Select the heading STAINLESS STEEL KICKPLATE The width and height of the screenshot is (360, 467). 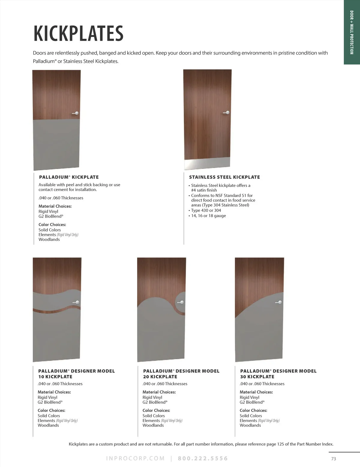click(224, 177)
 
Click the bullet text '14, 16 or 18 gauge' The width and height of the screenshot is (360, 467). click(208, 216)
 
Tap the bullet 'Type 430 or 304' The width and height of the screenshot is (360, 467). click(206, 210)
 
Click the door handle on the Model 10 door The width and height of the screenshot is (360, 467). click(76, 302)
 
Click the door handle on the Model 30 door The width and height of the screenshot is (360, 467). click(279, 303)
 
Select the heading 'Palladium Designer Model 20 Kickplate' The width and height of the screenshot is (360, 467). click(181, 374)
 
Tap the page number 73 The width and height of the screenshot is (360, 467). click(334, 459)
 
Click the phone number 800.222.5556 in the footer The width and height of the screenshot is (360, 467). click(203, 459)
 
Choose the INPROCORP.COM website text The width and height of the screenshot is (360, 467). click(135, 459)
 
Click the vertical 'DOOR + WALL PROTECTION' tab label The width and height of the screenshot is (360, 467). click(352, 32)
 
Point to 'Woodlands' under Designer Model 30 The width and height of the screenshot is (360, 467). click(250, 425)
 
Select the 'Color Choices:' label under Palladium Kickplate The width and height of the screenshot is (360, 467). click(52, 225)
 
